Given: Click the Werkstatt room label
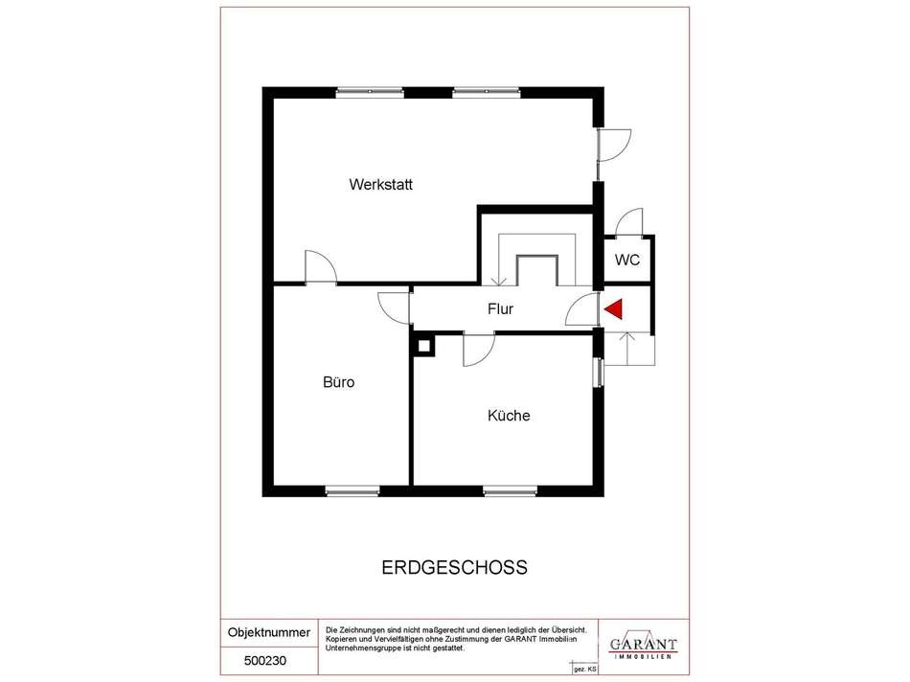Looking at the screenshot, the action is click(x=380, y=185).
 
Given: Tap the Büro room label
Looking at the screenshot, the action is click(x=338, y=382).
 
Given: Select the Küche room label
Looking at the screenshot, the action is click(x=509, y=416).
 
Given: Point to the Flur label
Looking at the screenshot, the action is click(x=500, y=308).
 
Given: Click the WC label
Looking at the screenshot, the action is click(x=627, y=260).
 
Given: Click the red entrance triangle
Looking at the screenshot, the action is click(x=613, y=308).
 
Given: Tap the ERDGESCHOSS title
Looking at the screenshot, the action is click(x=454, y=567).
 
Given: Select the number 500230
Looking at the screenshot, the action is click(x=265, y=661).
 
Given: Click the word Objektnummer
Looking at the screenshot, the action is click(x=269, y=632).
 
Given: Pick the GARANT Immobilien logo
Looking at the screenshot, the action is click(x=643, y=646).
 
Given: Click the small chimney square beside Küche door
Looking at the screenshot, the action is click(x=424, y=346).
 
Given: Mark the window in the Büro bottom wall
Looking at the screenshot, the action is click(x=353, y=491).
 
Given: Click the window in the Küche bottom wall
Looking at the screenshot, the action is click(x=511, y=491).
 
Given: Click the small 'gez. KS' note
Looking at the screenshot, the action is click(x=585, y=670).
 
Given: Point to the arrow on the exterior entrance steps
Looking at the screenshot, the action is click(x=627, y=349).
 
